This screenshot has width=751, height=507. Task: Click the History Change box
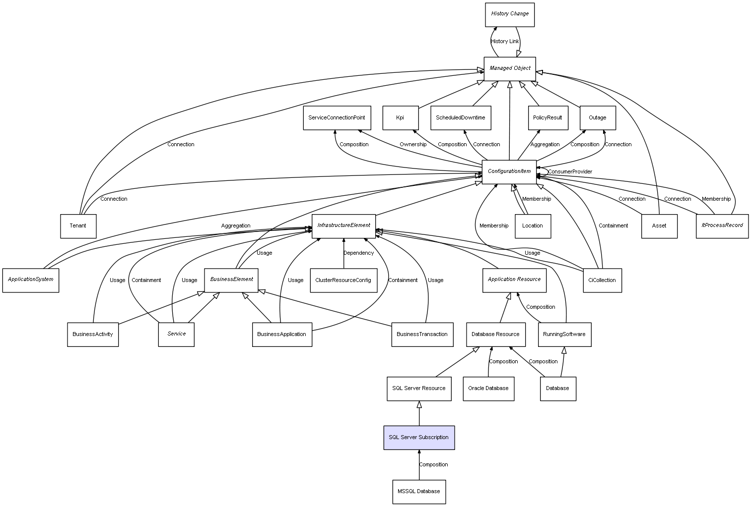[x=510, y=14]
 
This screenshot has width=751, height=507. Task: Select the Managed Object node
[x=510, y=68]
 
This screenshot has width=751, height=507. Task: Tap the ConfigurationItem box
[x=509, y=171]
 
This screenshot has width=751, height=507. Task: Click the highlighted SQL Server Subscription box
[x=418, y=438]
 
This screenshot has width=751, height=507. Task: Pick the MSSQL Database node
[x=418, y=492]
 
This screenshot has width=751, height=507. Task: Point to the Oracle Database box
[x=488, y=389]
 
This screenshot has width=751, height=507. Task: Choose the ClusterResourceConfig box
[x=343, y=281]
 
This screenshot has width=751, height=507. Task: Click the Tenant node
[x=78, y=226]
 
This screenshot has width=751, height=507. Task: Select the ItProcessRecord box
[x=722, y=225]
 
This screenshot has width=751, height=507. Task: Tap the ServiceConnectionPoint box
[x=337, y=118]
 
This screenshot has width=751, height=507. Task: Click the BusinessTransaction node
[x=422, y=335]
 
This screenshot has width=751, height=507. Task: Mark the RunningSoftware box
[x=564, y=335]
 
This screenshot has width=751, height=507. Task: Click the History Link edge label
[x=505, y=42]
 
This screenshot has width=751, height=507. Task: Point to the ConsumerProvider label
[x=570, y=172]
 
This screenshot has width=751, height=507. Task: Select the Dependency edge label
[x=358, y=253]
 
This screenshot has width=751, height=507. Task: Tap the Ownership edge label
[x=413, y=145]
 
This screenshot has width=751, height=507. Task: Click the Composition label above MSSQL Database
[x=433, y=465]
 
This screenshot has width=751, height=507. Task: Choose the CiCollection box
[x=602, y=281]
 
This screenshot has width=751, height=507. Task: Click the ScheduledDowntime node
[x=460, y=118]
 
